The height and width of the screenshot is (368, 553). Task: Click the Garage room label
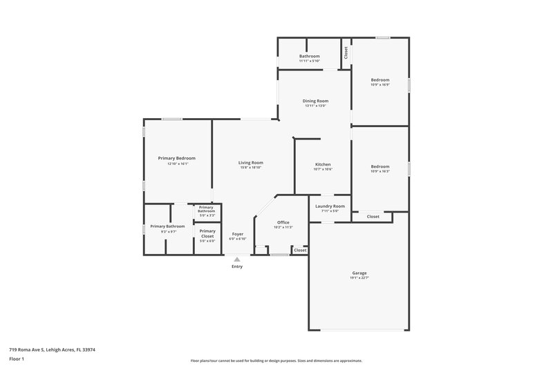(359, 273)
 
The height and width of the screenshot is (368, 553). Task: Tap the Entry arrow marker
(237, 259)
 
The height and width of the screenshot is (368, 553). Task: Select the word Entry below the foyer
(237, 267)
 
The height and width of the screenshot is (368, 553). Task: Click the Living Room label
(252, 163)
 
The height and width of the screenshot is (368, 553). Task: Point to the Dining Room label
(315, 101)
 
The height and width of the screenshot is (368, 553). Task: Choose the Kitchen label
(323, 164)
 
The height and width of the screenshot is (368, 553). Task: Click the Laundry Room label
(330, 206)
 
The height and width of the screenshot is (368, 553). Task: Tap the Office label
(283, 222)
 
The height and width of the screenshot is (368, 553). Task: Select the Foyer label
(237, 234)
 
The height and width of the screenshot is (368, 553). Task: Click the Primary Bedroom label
(178, 159)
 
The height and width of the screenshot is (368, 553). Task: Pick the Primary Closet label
(207, 233)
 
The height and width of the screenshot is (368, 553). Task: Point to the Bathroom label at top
(309, 56)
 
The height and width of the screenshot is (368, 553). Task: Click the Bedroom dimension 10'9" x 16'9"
(379, 85)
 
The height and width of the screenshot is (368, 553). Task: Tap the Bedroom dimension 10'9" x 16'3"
(379, 171)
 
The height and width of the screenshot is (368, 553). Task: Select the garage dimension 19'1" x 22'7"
(359, 278)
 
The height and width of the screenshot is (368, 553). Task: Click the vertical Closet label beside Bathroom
(346, 53)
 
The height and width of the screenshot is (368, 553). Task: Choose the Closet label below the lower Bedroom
(373, 217)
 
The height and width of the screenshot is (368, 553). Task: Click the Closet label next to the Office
(300, 250)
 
